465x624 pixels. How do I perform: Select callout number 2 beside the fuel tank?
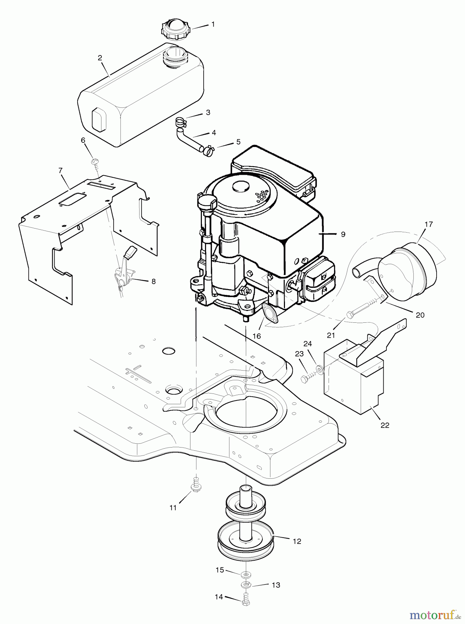pyautogui.click(x=100, y=58)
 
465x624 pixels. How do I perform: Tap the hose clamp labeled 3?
pyautogui.click(x=180, y=122)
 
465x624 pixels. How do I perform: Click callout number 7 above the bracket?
pyautogui.click(x=61, y=170)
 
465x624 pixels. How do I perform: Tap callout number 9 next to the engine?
pyautogui.click(x=343, y=234)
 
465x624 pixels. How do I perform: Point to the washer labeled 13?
pyautogui.click(x=245, y=585)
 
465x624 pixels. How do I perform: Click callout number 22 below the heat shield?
pyautogui.click(x=385, y=425)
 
